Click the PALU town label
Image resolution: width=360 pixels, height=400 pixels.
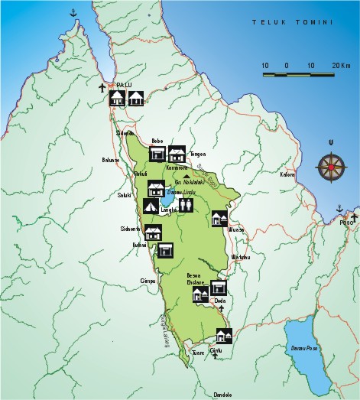pos(123,85)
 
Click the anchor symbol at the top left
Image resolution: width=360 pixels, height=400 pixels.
pos(73,13)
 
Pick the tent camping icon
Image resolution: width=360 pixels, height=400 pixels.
pos(151,206)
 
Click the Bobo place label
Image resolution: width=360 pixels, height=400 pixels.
pos(158,141)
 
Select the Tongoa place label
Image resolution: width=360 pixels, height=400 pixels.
pos(197,153)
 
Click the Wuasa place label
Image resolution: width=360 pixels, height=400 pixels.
pos(235,229)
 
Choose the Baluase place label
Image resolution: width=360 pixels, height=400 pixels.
pos(111,160)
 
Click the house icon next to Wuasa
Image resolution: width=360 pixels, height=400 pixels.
pos(219,219)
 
